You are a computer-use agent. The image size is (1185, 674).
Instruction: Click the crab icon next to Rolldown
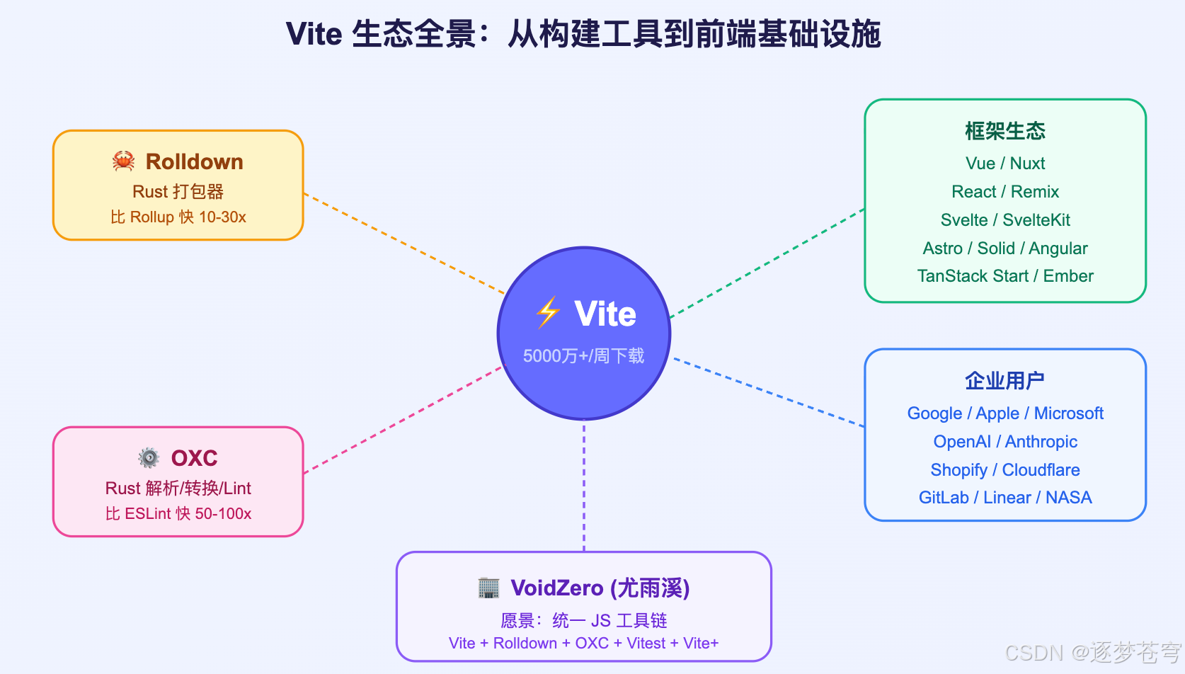click(x=124, y=161)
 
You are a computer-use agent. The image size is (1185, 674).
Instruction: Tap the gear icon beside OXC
click(x=149, y=458)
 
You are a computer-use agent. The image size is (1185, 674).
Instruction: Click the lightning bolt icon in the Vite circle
click(x=548, y=313)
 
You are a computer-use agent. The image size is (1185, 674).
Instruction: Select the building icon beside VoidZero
click(x=488, y=588)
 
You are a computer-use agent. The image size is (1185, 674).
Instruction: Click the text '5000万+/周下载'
click(x=583, y=355)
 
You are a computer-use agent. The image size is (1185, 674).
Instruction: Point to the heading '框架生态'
click(x=1004, y=131)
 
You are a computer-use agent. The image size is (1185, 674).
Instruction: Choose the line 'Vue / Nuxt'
click(x=1004, y=164)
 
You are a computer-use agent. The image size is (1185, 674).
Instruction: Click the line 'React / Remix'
click(x=1004, y=192)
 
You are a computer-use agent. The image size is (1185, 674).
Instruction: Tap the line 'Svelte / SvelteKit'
click(x=1004, y=220)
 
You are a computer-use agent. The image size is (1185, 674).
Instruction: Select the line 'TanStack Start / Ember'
click(x=1004, y=276)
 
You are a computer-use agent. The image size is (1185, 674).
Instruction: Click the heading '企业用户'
click(x=1004, y=381)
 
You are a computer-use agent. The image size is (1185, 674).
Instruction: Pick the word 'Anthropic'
click(x=1041, y=442)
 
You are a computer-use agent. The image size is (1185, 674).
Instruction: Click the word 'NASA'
click(x=1068, y=498)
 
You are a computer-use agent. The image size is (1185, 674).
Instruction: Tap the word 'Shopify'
click(x=958, y=470)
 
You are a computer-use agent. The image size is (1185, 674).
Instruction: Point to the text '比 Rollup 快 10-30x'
click(x=178, y=217)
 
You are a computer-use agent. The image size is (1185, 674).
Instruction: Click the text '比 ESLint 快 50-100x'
click(x=178, y=514)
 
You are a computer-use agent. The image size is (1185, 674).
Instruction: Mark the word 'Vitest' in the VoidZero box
click(x=646, y=644)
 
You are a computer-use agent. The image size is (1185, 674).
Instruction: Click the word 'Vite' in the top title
click(x=314, y=34)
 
